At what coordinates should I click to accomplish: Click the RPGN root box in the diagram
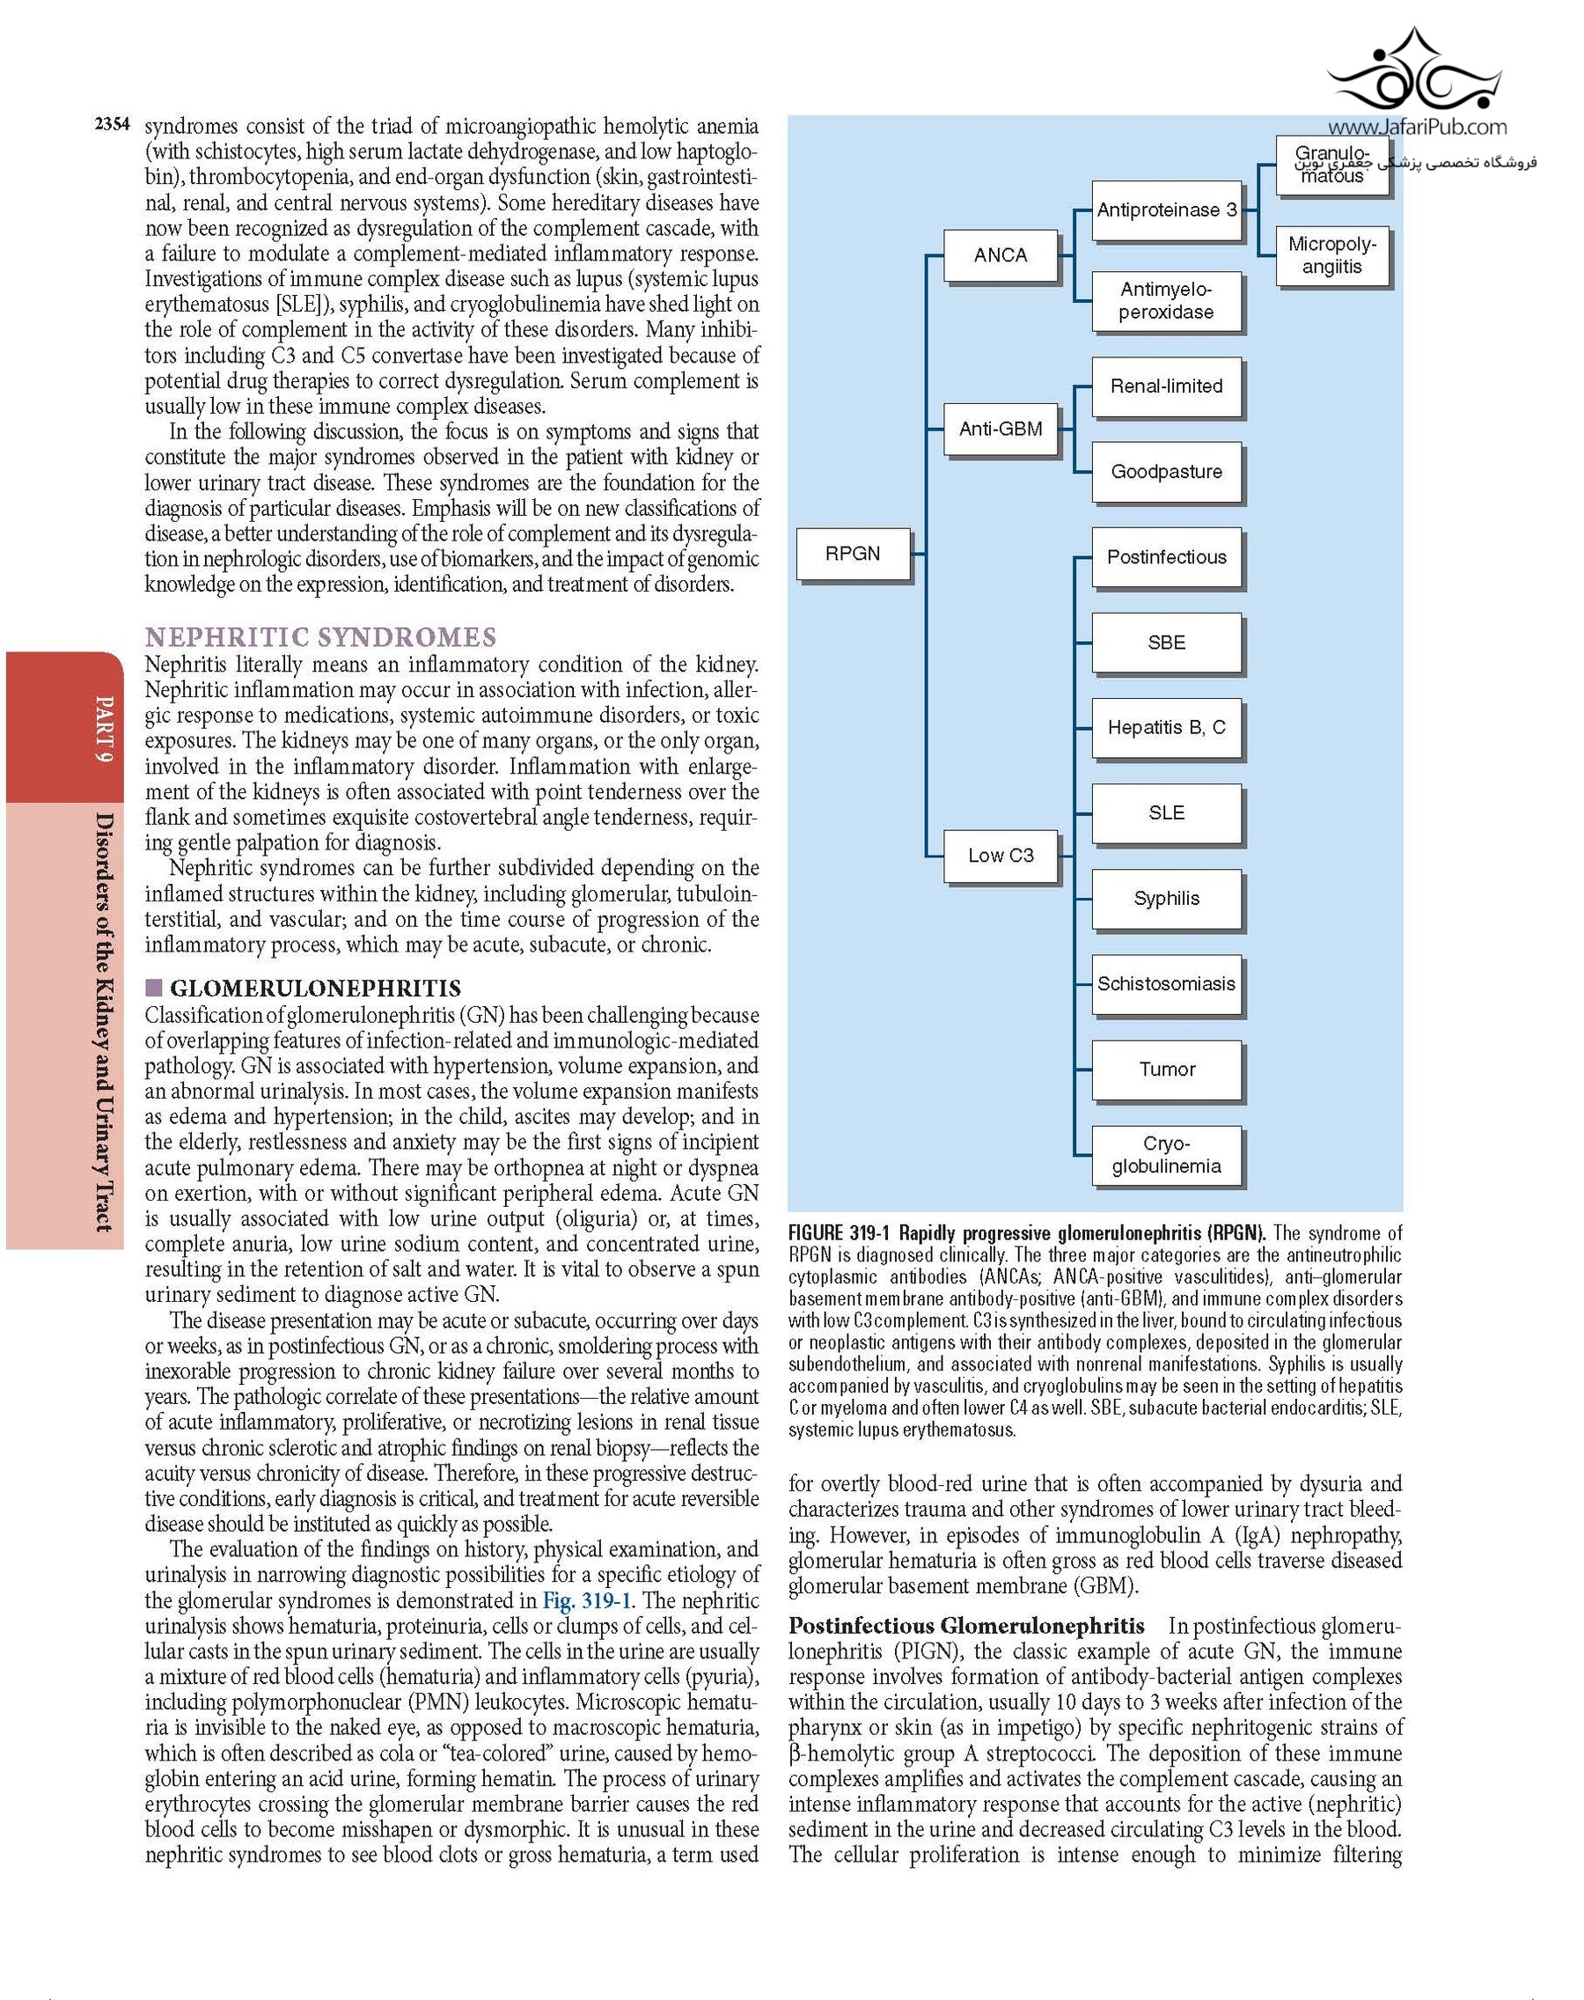[x=854, y=554]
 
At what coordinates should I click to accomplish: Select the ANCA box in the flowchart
[x=1000, y=255]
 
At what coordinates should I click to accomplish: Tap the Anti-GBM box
[x=1000, y=429]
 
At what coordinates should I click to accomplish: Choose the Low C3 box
[x=1000, y=856]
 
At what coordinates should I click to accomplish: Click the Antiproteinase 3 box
[x=1166, y=210]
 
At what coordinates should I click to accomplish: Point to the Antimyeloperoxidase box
[x=1166, y=300]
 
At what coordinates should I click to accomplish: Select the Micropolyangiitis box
[x=1331, y=255]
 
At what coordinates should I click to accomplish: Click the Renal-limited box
[x=1166, y=386]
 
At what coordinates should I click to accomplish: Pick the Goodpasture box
[x=1166, y=471]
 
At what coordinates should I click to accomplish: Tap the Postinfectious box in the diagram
[x=1166, y=556]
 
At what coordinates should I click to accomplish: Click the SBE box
[x=1166, y=642]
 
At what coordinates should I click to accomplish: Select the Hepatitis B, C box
[x=1166, y=727]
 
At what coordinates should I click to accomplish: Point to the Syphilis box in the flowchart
[x=1166, y=898]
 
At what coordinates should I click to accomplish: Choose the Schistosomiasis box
[x=1166, y=983]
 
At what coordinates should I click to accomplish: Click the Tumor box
[x=1166, y=1069]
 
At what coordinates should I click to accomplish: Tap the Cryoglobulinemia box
[x=1166, y=1155]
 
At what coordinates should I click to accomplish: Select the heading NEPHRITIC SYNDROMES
[x=320, y=637]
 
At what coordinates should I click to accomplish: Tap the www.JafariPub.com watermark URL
[x=1416, y=128]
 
